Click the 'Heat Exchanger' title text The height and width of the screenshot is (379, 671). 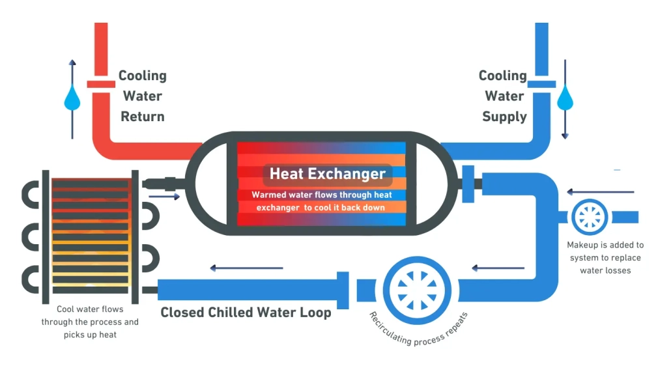(328, 174)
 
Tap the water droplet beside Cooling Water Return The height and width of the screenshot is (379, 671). (72, 100)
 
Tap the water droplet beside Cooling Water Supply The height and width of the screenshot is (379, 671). (565, 100)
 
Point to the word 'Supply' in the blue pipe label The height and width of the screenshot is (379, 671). (504, 117)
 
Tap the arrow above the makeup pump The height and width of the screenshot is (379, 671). (600, 192)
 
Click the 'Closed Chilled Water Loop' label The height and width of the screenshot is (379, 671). (246, 313)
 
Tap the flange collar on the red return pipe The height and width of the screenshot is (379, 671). (101, 83)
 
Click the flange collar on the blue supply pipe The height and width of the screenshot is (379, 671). (541, 83)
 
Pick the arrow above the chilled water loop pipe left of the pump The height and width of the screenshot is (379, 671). (246, 268)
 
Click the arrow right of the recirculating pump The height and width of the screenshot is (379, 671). (498, 268)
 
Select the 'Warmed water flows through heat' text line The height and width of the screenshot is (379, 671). (321, 195)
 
